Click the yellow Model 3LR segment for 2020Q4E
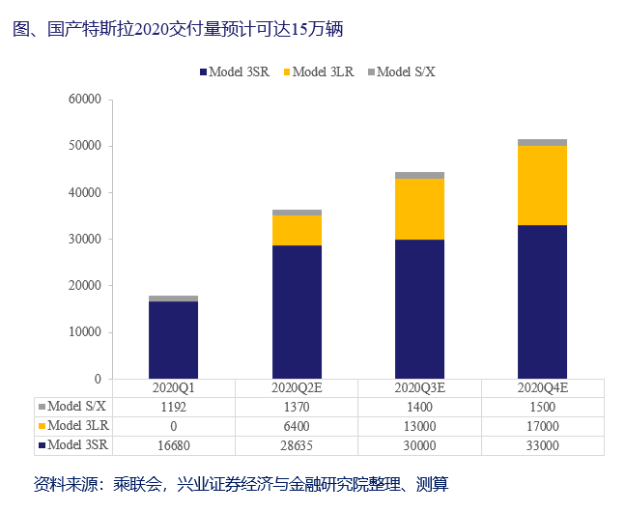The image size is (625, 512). (x=542, y=185)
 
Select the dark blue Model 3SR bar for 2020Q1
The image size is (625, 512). (x=173, y=339)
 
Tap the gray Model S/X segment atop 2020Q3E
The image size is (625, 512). (x=419, y=176)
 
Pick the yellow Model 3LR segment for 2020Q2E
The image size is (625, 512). (x=297, y=230)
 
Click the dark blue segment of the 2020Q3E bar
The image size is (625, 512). (x=419, y=308)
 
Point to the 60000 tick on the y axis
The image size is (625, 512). (x=85, y=100)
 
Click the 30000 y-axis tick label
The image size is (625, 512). (x=85, y=239)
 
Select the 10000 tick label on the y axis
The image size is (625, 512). (x=85, y=331)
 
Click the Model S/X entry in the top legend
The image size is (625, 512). (x=401, y=71)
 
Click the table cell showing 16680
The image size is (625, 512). (x=173, y=445)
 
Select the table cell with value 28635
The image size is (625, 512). (x=297, y=445)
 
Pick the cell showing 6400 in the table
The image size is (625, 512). (x=297, y=426)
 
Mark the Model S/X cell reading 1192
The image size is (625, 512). (x=173, y=407)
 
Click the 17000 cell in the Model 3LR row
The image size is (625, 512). (x=542, y=426)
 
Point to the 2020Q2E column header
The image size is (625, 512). (x=297, y=387)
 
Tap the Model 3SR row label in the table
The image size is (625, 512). (x=76, y=445)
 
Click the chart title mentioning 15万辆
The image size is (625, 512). (x=179, y=30)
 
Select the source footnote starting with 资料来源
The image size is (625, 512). (x=241, y=484)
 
